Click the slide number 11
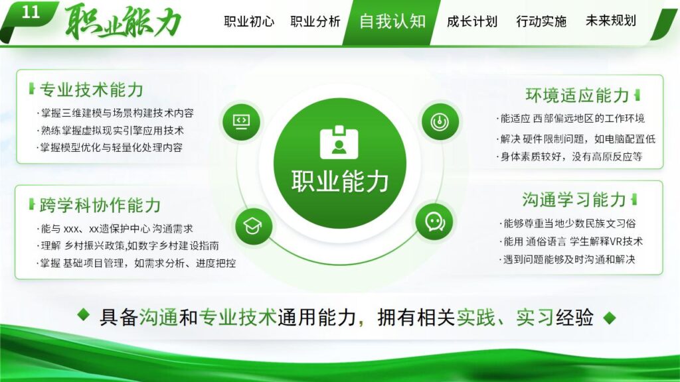point(31,13)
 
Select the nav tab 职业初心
point(249,21)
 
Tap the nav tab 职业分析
point(315,21)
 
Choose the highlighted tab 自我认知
point(392,21)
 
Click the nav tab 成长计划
point(472,21)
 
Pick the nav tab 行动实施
point(541,21)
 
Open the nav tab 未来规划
point(610,21)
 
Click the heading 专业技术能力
point(92,90)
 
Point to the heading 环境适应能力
point(577,95)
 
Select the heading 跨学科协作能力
point(100,205)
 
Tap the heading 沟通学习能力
point(574,200)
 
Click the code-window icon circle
point(241,121)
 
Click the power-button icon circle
point(438,121)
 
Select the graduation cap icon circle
point(253,225)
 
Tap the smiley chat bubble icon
point(434,221)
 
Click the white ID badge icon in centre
point(339,143)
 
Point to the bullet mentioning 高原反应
point(570,157)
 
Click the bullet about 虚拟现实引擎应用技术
point(111,131)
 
